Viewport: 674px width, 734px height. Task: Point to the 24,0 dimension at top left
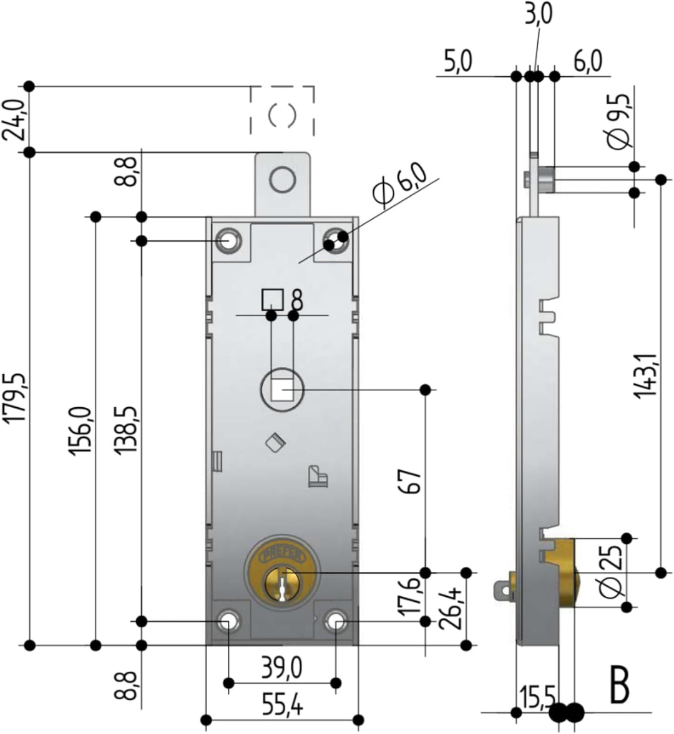[15, 119]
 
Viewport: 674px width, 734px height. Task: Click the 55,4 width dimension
[282, 706]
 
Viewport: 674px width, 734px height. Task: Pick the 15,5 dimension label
[535, 697]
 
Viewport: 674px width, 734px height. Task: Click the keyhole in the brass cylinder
[283, 586]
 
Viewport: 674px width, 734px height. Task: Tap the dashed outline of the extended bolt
[282, 111]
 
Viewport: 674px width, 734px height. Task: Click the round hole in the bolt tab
[282, 180]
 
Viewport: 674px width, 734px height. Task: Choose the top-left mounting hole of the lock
[228, 240]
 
